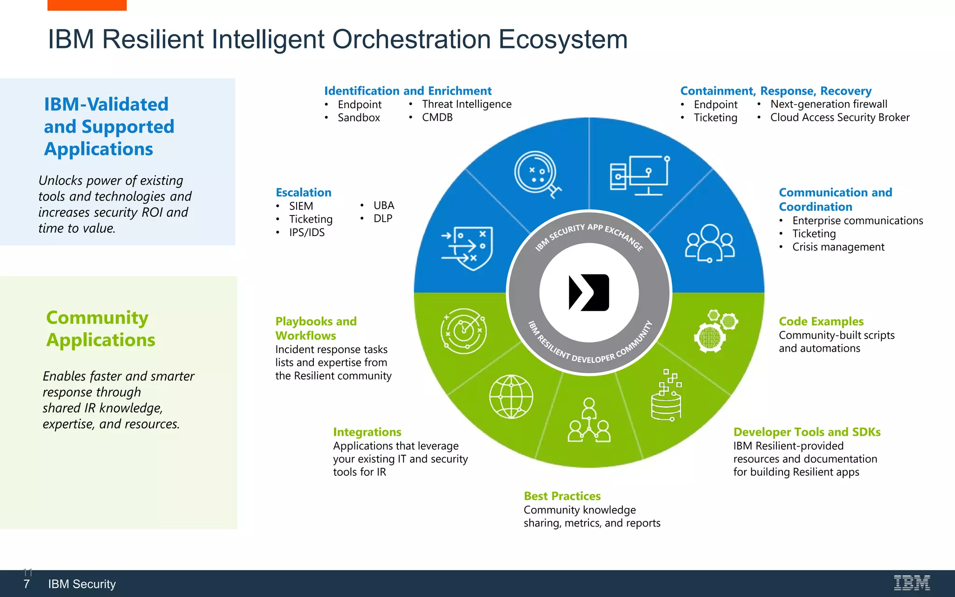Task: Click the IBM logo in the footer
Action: coord(912,583)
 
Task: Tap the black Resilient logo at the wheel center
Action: coord(589,292)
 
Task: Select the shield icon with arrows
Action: coord(468,248)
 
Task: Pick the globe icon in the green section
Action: coord(511,396)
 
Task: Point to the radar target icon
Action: coord(464,331)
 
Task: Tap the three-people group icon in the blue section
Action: coord(709,243)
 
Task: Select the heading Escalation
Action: coord(304,193)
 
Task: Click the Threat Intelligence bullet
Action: coord(466,104)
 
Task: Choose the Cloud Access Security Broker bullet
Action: coord(839,118)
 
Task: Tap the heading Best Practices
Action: coord(562,496)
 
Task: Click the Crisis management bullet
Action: coord(838,247)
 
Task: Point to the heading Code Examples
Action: coord(821,321)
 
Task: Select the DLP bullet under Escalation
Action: coord(382,219)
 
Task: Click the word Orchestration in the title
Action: coord(411,39)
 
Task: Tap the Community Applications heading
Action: coord(100,329)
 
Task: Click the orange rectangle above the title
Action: coord(87,5)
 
